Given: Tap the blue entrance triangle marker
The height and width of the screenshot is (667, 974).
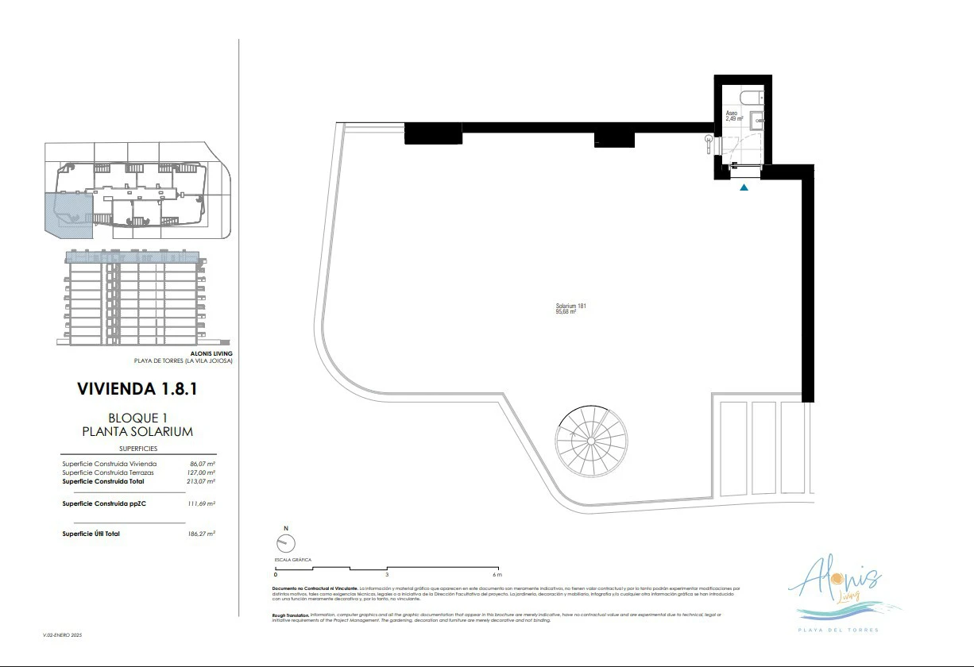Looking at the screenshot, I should pyautogui.click(x=744, y=187).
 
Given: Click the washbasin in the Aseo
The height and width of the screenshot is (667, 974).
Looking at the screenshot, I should pyautogui.click(x=756, y=121).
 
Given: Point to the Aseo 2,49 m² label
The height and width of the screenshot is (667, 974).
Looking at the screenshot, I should pyautogui.click(x=734, y=116).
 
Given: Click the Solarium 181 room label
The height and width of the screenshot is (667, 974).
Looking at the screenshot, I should pyautogui.click(x=571, y=309).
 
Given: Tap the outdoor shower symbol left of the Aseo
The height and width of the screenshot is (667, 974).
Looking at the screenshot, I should pyautogui.click(x=709, y=141).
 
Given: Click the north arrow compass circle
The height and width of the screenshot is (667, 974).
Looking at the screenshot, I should pyautogui.click(x=285, y=543).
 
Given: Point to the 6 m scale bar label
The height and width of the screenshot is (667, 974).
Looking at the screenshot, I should pyautogui.click(x=497, y=573).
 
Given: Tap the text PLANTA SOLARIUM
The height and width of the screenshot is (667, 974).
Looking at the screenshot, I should pyautogui.click(x=138, y=431).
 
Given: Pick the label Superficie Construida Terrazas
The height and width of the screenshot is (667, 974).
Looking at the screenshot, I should pyautogui.click(x=109, y=472).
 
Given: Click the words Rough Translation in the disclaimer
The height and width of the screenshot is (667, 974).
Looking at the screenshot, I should pyautogui.click(x=290, y=614).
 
